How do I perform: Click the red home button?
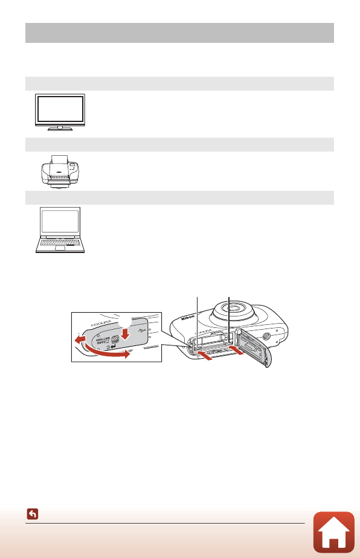point(334,533)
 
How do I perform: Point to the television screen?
point(60,110)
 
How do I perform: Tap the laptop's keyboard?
point(59,242)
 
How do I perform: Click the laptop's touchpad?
point(60,249)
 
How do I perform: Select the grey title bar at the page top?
point(179,33)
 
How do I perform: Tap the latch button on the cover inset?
point(114,339)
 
